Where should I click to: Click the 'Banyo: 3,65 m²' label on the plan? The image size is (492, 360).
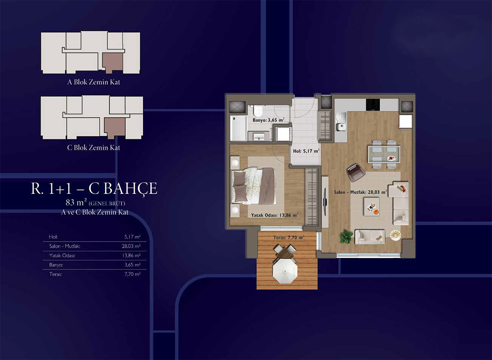(268, 120)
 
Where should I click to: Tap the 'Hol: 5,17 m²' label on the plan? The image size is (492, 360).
(306, 151)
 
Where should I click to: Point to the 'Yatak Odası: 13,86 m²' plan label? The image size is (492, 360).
(275, 215)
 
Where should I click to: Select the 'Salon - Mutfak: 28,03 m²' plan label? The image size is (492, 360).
(360, 192)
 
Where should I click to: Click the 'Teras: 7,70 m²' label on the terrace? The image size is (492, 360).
(289, 238)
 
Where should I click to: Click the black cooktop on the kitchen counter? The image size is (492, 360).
(373, 105)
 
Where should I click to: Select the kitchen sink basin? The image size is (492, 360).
(341, 127)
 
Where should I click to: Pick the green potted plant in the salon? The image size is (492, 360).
(346, 236)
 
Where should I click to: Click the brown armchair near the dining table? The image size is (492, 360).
(355, 173)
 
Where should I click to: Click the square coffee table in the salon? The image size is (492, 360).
(371, 207)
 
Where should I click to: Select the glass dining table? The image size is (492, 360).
(384, 154)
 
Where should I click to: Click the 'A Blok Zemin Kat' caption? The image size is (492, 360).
(93, 82)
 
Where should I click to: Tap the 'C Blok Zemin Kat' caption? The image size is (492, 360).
(93, 148)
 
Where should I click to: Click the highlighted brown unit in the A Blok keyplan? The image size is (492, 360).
(113, 63)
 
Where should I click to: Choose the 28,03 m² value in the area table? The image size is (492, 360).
(131, 246)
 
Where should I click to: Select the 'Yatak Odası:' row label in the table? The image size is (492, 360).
(62, 255)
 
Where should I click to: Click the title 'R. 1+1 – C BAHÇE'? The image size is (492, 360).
(94, 189)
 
